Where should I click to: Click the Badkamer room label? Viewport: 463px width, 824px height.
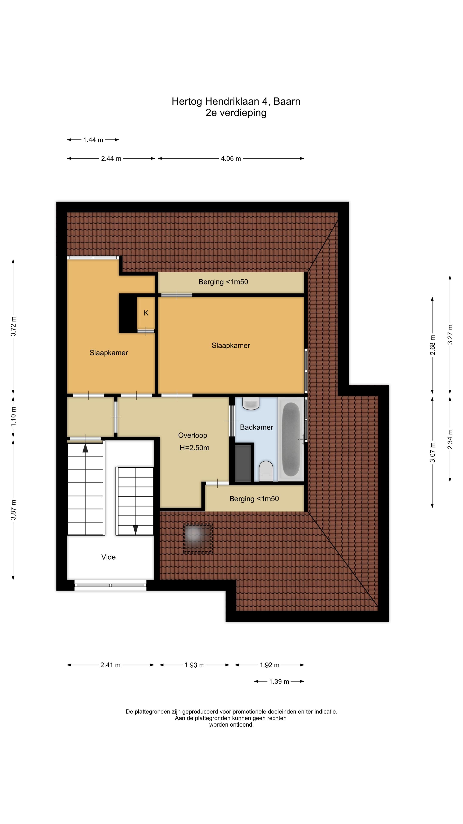(256, 427)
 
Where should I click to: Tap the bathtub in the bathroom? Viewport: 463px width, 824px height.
(291, 439)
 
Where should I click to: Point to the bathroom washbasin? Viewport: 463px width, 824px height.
(251, 404)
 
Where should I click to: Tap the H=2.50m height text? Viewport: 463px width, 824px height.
(194, 448)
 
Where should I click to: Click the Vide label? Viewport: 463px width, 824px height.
(108, 557)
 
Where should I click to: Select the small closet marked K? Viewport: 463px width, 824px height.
(146, 313)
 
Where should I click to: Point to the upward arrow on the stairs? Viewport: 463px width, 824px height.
(85, 448)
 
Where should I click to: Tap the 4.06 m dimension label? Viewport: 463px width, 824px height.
(231, 159)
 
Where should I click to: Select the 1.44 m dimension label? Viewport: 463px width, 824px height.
(93, 140)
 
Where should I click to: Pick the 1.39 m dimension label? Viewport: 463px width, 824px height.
(279, 682)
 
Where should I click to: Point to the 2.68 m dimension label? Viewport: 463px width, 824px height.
(433, 345)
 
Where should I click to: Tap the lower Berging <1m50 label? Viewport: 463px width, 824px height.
(254, 499)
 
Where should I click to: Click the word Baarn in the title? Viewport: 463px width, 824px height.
(287, 101)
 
